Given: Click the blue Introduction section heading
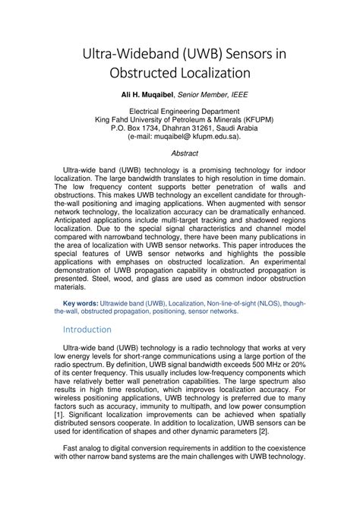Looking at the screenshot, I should (x=87, y=329).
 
